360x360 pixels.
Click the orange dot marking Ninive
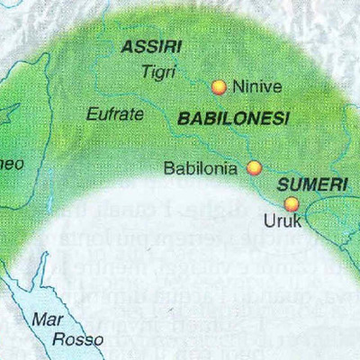coord(218,86)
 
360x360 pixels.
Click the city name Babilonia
coord(201,167)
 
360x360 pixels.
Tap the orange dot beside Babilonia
coord(255,167)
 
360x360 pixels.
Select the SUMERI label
coord(312,183)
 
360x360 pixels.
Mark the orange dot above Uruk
coord(291,202)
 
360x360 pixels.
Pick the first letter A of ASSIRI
coord(127,47)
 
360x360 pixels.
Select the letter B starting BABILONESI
coord(183,118)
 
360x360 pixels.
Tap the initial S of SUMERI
coord(283,183)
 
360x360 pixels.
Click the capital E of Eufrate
coord(91,114)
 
